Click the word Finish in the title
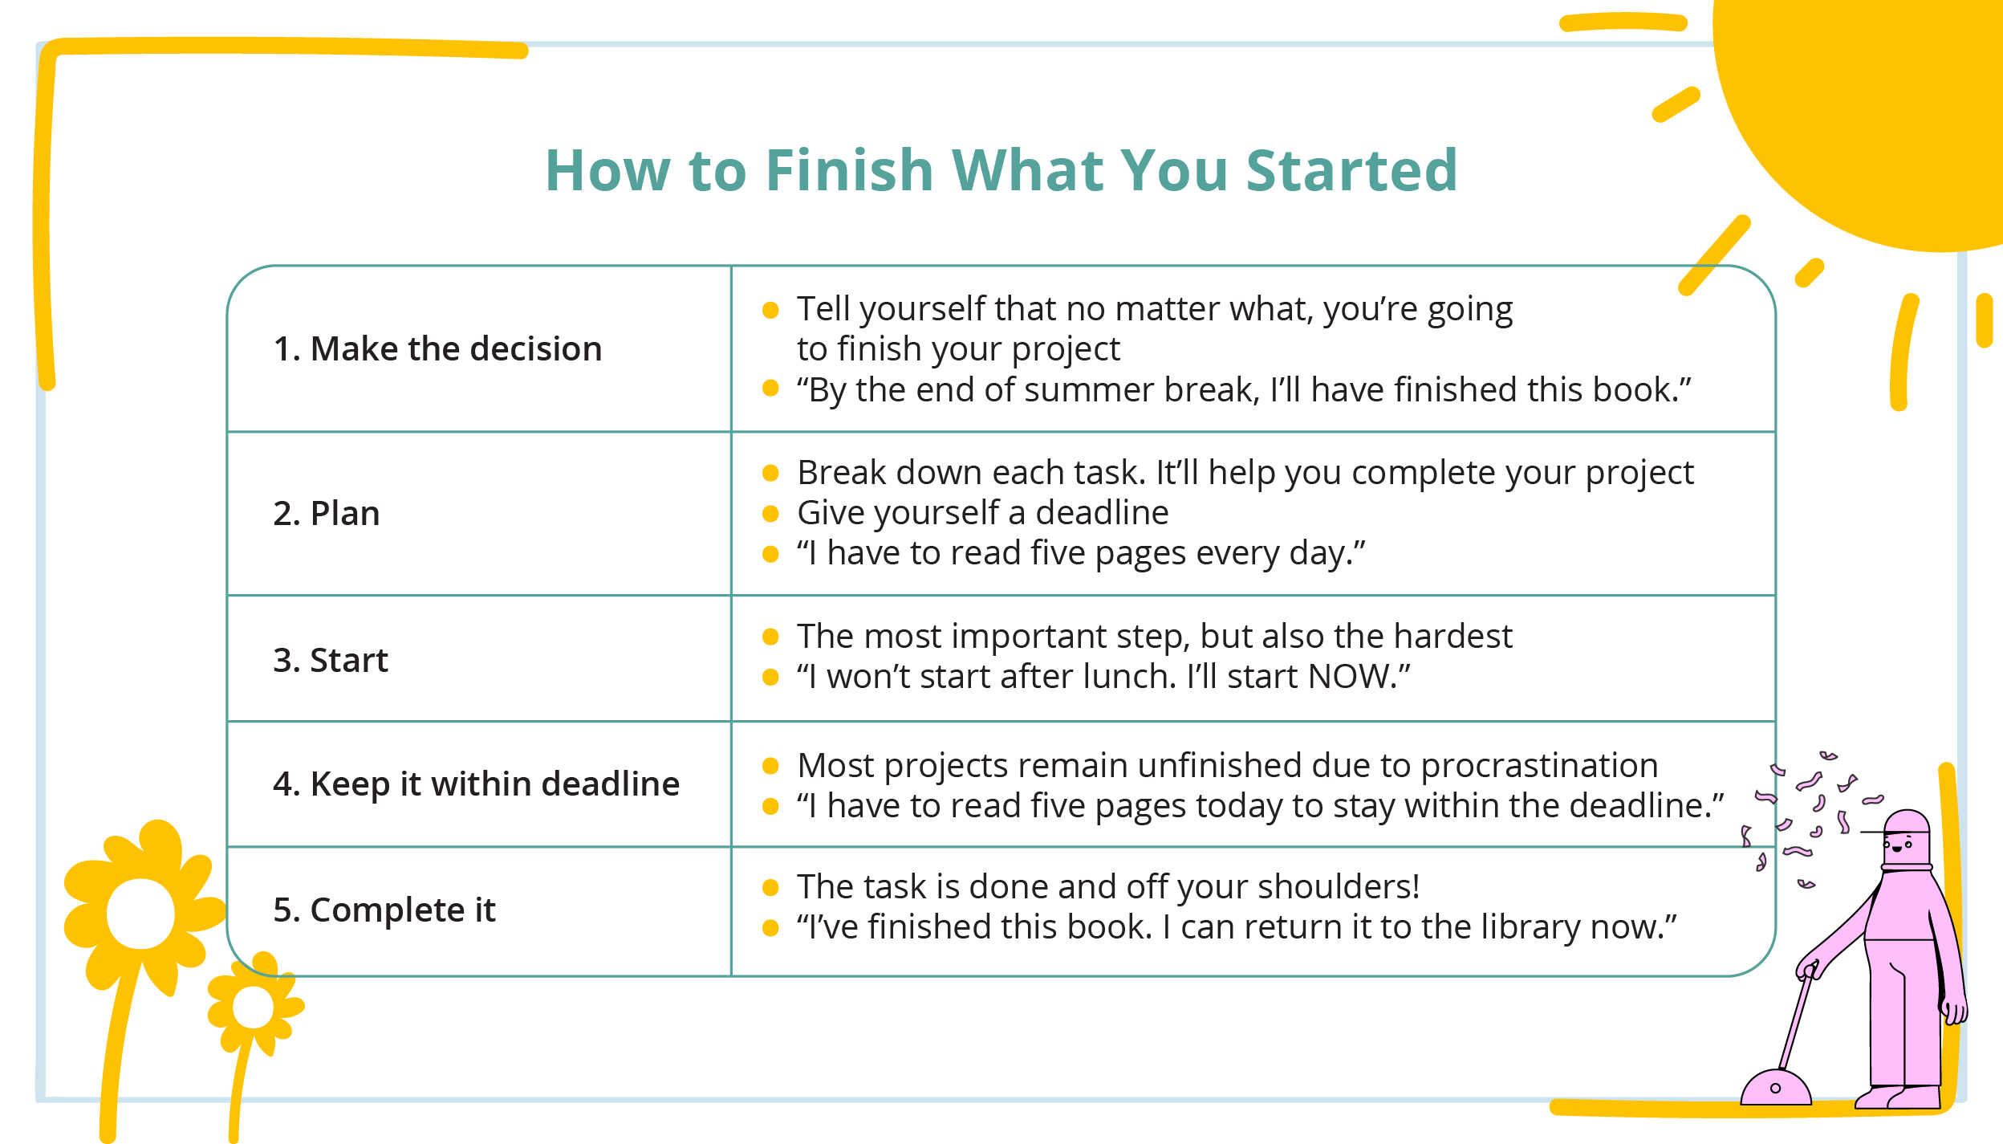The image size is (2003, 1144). pos(850,170)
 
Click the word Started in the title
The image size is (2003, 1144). pos(1351,170)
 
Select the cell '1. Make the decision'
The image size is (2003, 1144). pos(437,349)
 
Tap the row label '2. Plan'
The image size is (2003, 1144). pos(326,513)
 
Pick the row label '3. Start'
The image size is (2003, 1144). pos(330,660)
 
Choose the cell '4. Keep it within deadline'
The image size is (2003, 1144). pos(476,784)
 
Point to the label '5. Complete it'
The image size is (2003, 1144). pos(384,910)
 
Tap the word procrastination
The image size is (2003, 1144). pos(1539,767)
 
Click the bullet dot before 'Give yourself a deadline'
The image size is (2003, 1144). pos(770,514)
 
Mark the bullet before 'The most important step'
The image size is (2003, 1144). pos(770,637)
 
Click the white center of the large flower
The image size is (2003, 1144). pos(140,914)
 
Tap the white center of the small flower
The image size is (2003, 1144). pos(253,1007)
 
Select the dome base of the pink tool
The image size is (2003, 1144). pos(1776,1087)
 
